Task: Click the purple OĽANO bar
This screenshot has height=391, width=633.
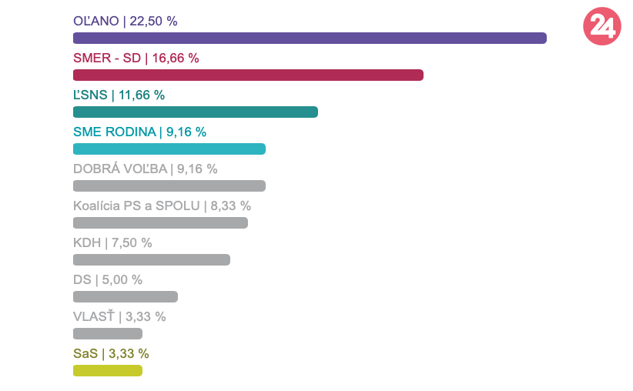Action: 310,38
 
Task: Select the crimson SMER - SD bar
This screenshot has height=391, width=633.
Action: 248,75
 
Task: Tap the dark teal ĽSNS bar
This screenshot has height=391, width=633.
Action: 195,112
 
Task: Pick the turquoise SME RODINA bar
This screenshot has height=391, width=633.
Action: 169,149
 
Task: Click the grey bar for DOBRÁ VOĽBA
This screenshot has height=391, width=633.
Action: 169,185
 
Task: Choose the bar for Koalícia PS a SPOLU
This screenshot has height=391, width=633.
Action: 160,222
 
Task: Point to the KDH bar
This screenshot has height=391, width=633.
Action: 151,259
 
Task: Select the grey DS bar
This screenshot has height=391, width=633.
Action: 125,296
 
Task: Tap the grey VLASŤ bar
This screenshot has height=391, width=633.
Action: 107,333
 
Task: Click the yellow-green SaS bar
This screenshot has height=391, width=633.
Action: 107,370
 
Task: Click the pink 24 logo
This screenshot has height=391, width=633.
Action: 601,27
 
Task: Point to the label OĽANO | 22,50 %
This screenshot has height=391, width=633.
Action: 125,21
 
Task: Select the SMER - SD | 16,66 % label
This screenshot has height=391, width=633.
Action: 136,58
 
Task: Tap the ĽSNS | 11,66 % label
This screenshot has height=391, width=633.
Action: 119,95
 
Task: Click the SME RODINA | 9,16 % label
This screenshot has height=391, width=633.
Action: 139,132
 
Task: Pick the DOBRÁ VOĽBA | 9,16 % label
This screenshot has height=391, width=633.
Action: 145,169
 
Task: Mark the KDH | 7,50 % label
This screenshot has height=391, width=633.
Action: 112,242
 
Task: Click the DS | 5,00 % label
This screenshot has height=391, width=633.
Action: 107,279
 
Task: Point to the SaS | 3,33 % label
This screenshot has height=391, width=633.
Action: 110,353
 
